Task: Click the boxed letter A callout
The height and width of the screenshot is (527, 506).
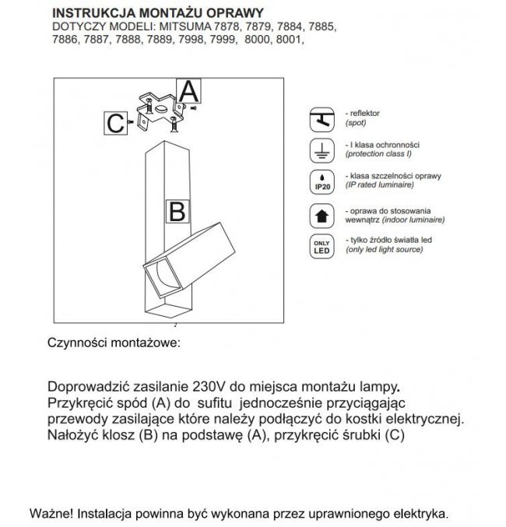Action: point(190,90)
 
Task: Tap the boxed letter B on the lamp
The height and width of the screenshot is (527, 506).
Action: point(177,210)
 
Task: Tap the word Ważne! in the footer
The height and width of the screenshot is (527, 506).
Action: point(52,514)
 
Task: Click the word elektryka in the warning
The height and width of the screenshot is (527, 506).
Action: point(420,514)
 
